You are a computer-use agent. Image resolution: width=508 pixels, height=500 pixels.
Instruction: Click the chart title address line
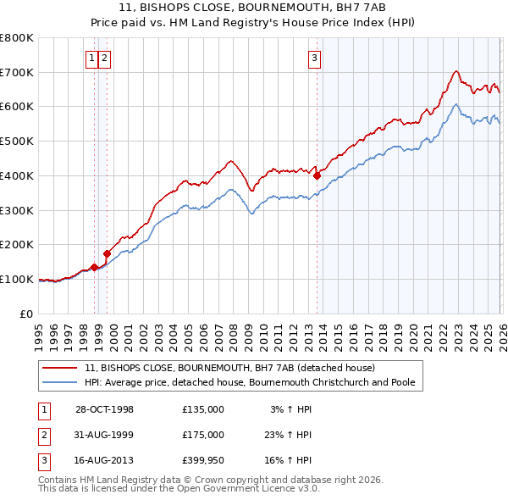coord(253,8)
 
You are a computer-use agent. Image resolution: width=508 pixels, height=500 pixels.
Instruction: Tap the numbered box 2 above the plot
coord(104,58)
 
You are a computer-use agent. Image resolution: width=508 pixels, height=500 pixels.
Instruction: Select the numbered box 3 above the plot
coord(314,58)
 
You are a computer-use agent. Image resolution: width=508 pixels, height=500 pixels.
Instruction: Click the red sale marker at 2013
coord(317,176)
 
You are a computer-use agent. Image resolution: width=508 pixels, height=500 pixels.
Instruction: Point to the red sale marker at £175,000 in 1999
coord(108,253)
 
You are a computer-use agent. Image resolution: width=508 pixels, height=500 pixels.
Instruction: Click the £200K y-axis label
coord(17,245)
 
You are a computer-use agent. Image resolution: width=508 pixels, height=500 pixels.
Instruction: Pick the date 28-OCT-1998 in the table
coord(104,409)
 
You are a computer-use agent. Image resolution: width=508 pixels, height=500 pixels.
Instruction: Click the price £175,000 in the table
coord(202,435)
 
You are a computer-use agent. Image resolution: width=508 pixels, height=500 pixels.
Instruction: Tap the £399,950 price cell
coord(202,461)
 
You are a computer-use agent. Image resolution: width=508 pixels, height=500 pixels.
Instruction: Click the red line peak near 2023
coord(456,71)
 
